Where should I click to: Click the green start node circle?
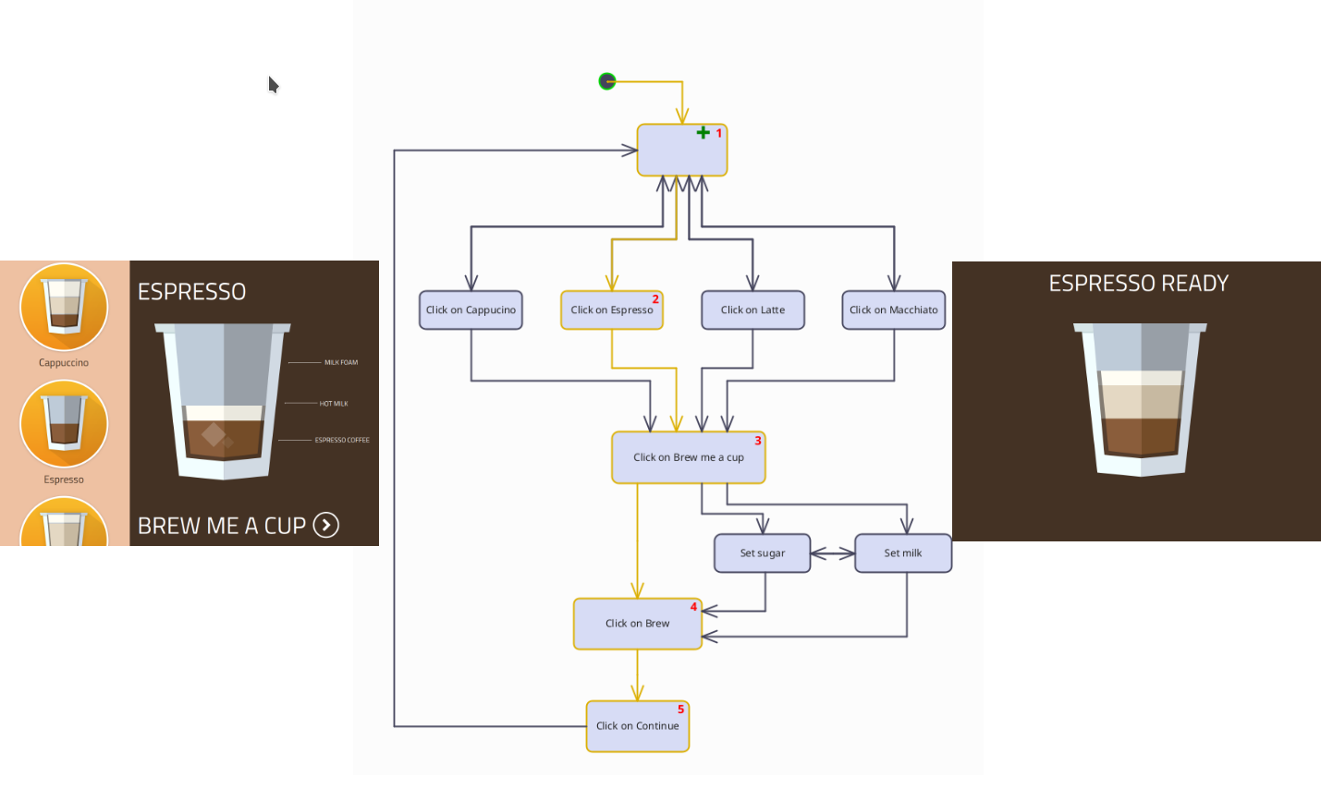pyautogui.click(x=607, y=82)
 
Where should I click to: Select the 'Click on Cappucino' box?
pyautogui.click(x=471, y=310)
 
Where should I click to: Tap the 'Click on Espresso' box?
pyautogui.click(x=611, y=310)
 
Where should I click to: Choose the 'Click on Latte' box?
pyautogui.click(x=752, y=310)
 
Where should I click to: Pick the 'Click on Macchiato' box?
pyautogui.click(x=893, y=310)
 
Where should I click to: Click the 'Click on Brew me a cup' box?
pyautogui.click(x=688, y=457)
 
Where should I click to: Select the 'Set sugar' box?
pyautogui.click(x=762, y=553)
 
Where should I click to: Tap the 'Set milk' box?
pyautogui.click(x=902, y=553)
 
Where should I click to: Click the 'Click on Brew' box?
pyautogui.click(x=637, y=624)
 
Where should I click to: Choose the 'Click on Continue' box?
pyautogui.click(x=637, y=726)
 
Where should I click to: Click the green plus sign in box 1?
pyautogui.click(x=703, y=133)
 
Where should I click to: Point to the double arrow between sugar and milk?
pyautogui.click(x=832, y=554)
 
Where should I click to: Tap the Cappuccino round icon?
pyautogui.click(x=64, y=307)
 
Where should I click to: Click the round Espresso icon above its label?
pyautogui.click(x=64, y=424)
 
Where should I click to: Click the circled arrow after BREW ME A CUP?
pyautogui.click(x=326, y=526)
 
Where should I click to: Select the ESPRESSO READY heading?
pyautogui.click(x=1138, y=284)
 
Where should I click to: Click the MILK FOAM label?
pyautogui.click(x=340, y=363)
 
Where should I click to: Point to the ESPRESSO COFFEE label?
pyautogui.click(x=341, y=441)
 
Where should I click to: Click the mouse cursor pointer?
pyautogui.click(x=273, y=85)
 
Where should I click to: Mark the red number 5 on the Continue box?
pyautogui.click(x=680, y=710)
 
